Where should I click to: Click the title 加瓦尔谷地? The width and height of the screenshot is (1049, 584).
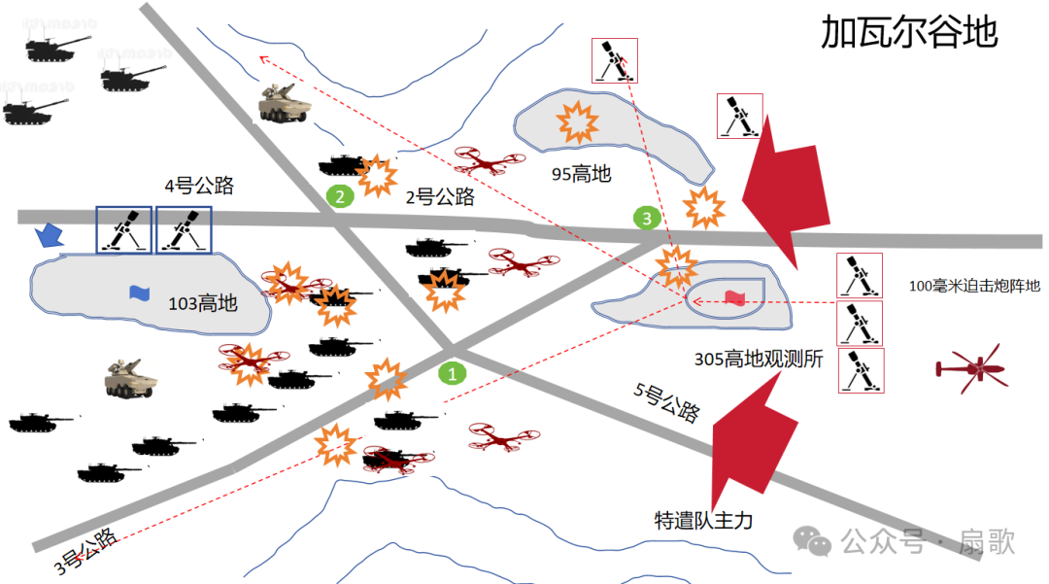coord(908,33)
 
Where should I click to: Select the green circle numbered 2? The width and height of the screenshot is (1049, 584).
coord(339,196)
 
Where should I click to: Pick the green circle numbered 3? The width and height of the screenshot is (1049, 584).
coord(647,218)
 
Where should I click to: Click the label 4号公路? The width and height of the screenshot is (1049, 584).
coord(198,186)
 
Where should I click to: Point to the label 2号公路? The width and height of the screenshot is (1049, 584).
coord(440,197)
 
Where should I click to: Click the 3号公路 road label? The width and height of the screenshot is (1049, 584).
coord(87,548)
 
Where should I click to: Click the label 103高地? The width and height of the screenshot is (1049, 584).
coord(202,303)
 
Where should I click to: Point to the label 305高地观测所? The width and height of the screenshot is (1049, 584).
coord(759,359)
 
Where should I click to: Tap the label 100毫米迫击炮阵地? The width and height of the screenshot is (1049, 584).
coord(973,286)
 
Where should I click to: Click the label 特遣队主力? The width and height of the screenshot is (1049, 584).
coord(703,521)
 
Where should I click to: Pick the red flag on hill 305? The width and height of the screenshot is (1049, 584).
coord(735,298)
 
